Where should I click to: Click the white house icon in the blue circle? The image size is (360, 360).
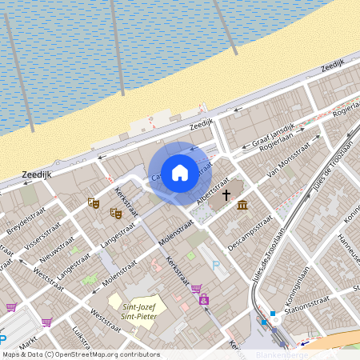tap(180, 172)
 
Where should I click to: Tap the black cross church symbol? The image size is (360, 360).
tap(226, 194)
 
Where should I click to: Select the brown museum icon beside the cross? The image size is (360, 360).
tap(242, 207)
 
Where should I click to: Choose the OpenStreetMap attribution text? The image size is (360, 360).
tap(80, 354)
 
